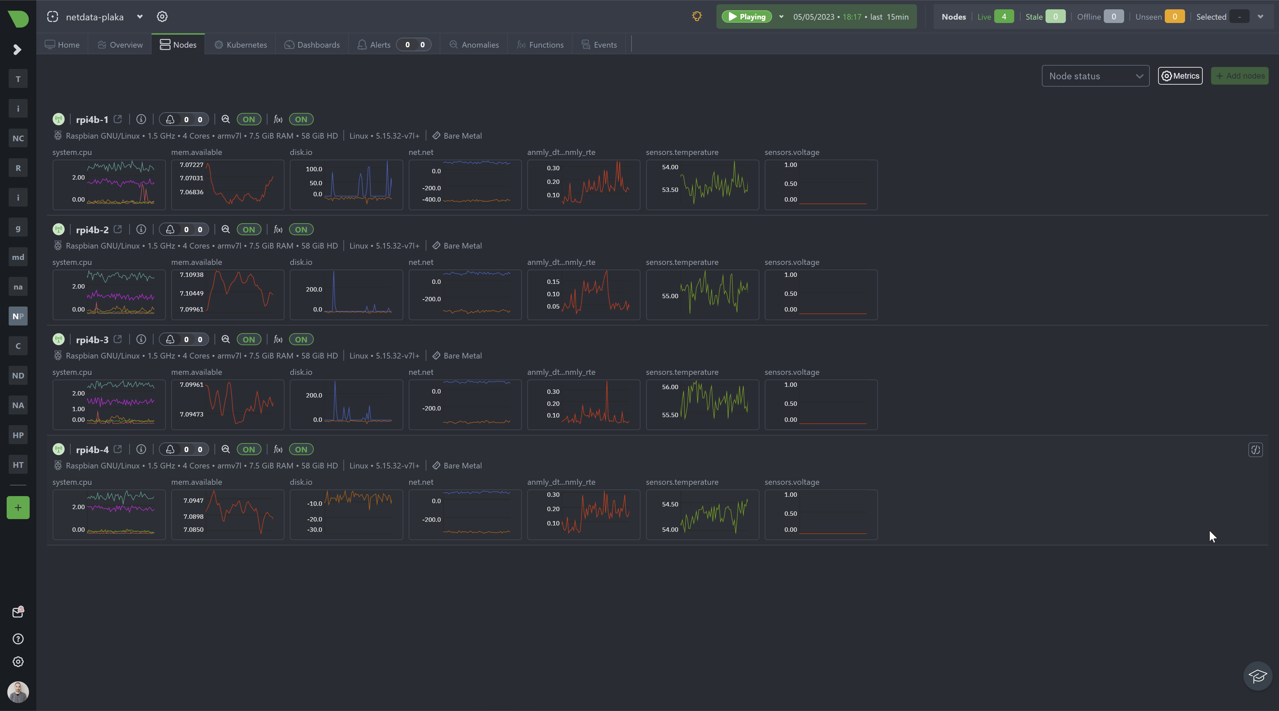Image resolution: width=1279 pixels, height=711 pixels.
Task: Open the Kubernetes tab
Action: point(241,45)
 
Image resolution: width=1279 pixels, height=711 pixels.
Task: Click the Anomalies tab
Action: point(474,45)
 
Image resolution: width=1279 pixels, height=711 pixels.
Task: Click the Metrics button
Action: point(1180,76)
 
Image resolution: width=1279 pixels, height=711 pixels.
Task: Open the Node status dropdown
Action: point(1095,76)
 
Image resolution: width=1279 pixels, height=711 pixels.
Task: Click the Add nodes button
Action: point(1240,76)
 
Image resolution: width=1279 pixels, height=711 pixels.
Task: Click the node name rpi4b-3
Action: point(92,340)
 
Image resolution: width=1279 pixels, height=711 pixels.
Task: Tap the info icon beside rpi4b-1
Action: point(141,119)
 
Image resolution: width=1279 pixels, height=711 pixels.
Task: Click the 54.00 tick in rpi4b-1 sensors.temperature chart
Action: point(670,167)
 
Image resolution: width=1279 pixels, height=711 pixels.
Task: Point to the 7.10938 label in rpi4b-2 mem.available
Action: point(192,275)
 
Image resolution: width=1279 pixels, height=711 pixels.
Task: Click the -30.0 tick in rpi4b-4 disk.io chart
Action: point(315,530)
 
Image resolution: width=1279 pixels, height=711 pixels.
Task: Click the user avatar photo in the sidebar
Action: point(18,692)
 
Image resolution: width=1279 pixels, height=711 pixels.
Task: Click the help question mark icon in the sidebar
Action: point(18,639)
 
